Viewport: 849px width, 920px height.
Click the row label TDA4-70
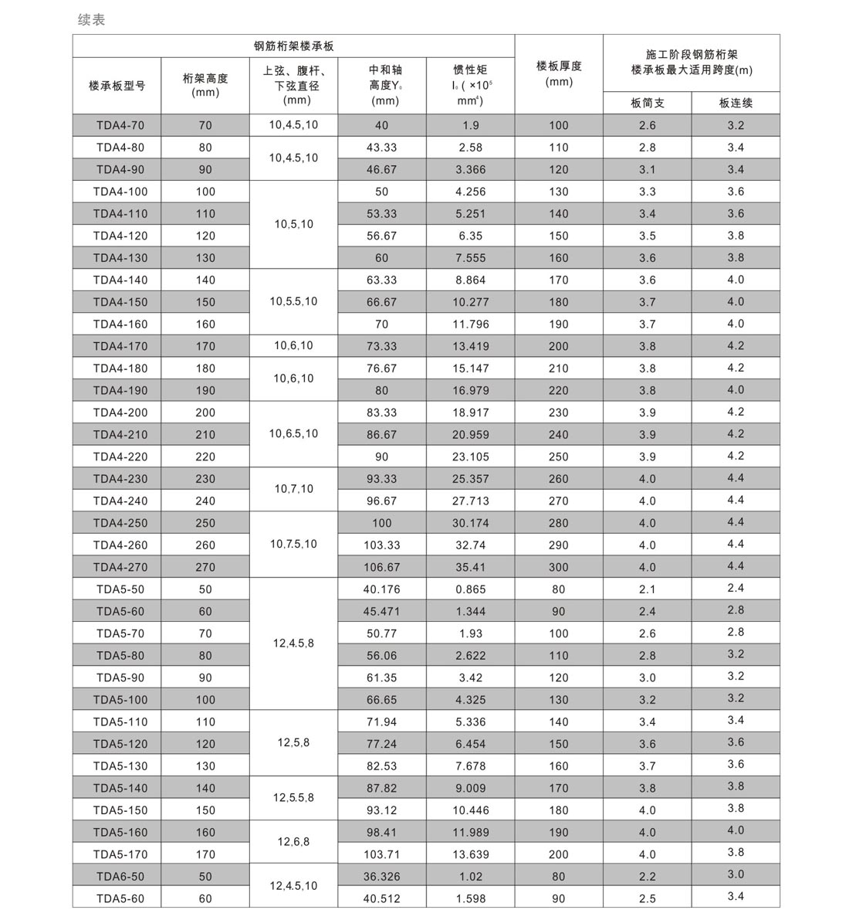pyautogui.click(x=117, y=125)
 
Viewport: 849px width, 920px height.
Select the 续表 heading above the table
pyautogui.click(x=91, y=20)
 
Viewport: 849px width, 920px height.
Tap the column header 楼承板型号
pyautogui.click(x=117, y=86)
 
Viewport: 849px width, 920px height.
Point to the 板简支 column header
pyautogui.click(x=647, y=103)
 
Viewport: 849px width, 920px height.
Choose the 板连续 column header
pyautogui.click(x=735, y=103)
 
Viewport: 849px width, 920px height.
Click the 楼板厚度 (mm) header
pyautogui.click(x=558, y=74)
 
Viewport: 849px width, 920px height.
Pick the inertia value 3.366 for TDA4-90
pyautogui.click(x=470, y=170)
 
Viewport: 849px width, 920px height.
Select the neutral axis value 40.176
pyautogui.click(x=381, y=589)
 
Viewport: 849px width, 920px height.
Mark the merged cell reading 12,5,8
pyautogui.click(x=293, y=743)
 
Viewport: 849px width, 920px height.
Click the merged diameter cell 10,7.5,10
pyautogui.click(x=293, y=545)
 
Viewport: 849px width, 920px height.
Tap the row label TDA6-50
pyautogui.click(x=117, y=877)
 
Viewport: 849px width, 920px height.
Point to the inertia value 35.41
pyautogui.click(x=470, y=567)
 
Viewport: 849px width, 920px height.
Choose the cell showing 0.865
pyautogui.click(x=470, y=589)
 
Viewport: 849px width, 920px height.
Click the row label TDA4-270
pyautogui.click(x=117, y=567)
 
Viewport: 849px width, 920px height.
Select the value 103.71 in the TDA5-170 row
pyautogui.click(x=381, y=854)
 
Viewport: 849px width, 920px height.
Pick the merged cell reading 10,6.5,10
pyautogui.click(x=293, y=434)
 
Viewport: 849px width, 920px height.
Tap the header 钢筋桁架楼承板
pyautogui.click(x=293, y=46)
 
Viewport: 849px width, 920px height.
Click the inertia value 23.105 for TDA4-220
pyautogui.click(x=470, y=457)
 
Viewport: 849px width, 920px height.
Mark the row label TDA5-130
pyautogui.click(x=117, y=766)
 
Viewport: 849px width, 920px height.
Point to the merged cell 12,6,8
pyautogui.click(x=293, y=842)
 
